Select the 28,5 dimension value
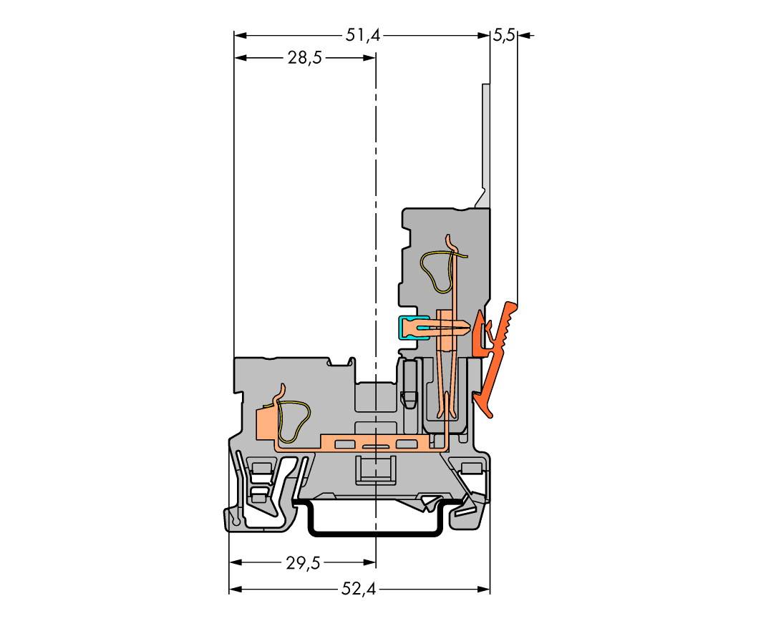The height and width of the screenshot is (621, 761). tap(304, 59)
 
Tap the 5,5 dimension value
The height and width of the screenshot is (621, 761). tap(503, 35)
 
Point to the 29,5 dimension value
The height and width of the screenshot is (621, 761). tap(303, 563)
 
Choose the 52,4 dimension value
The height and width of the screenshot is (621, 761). tap(359, 590)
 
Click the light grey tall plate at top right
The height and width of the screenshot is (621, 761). tap(485, 136)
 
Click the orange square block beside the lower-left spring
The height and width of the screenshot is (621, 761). tap(265, 426)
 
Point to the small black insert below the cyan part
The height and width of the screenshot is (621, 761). tap(409, 386)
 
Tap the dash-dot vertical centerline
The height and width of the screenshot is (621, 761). tap(376, 215)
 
